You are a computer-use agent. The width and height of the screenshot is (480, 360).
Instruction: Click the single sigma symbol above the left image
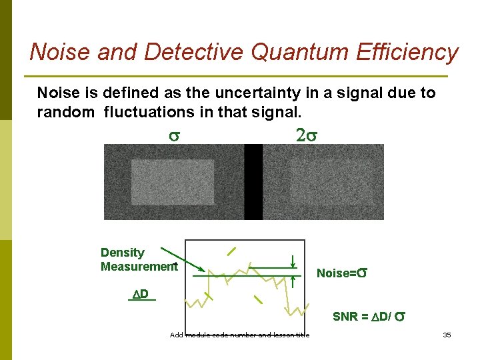coord(173,136)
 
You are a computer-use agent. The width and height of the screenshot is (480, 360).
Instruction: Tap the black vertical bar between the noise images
coord(253,182)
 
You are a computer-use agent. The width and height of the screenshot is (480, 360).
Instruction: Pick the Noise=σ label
coord(343,273)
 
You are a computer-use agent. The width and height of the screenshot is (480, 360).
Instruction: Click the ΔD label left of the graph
coord(141,294)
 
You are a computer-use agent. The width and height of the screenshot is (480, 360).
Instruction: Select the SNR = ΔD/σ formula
coord(367,317)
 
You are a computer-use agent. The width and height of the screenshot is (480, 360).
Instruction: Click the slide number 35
coord(447,335)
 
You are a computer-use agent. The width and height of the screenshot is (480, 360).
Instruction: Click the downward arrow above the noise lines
coord(293,261)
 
